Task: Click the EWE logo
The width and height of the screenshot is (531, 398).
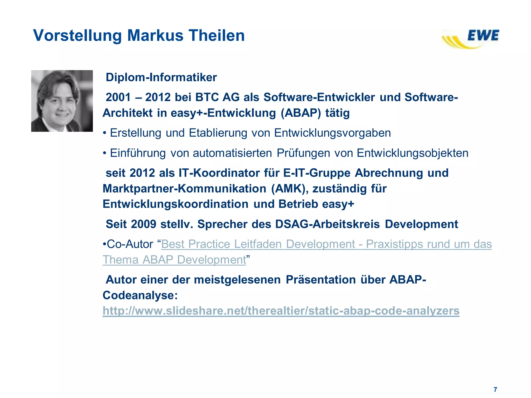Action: pos(471,39)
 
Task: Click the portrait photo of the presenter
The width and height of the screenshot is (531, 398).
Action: pos(62,101)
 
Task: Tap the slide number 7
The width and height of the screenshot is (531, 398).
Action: pos(495,389)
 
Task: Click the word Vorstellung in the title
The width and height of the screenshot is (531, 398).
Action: pos(78,35)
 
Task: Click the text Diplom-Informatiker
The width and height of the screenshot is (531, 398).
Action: pos(161,77)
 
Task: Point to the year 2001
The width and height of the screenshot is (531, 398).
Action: pos(118,97)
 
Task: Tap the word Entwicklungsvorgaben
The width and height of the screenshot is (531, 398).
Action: pos(332,133)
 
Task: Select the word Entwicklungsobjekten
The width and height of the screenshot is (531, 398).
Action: pos(413,153)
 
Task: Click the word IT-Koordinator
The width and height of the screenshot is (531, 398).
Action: pos(219,173)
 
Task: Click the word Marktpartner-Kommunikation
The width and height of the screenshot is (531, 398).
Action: pos(184,189)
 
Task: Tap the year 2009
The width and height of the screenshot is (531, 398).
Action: pos(144,224)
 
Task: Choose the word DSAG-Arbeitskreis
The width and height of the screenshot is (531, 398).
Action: pos(327,224)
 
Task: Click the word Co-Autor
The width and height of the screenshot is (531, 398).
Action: pos(130,244)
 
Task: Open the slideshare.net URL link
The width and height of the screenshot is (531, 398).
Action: pos(281,311)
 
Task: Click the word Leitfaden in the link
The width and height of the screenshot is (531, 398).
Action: pos(258,244)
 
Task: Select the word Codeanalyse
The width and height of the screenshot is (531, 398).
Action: pos(140,295)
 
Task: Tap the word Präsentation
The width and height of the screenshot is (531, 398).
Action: pos(320,280)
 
